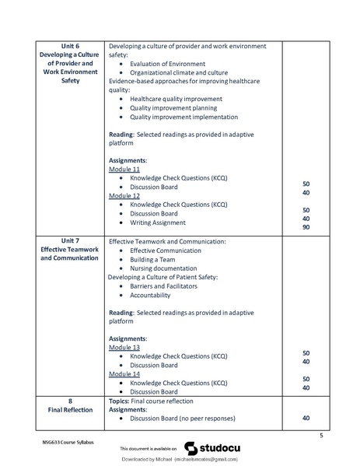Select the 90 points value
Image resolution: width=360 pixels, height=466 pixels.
[306, 227]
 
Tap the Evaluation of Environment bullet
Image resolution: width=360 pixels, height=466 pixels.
[167, 63]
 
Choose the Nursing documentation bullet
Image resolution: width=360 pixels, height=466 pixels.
[165, 268]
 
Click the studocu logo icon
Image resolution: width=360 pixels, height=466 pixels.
[190, 448]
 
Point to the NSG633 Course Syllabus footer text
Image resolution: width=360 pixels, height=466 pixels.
[68, 441]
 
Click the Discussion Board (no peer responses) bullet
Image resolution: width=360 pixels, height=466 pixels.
[186, 419]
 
